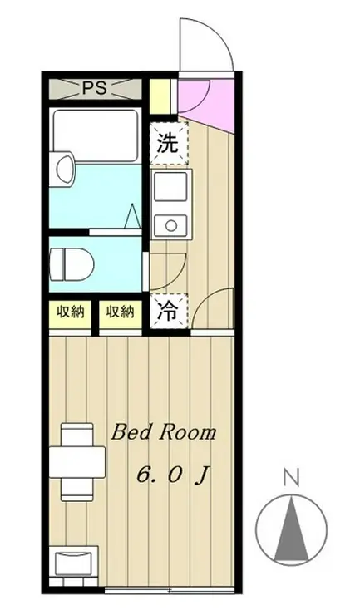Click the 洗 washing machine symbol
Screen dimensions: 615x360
coord(168,143)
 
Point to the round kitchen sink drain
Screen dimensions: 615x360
coord(172,223)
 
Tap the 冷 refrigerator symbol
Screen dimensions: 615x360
coord(169,312)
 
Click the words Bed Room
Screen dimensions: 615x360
coord(164,433)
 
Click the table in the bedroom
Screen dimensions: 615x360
coord(78,459)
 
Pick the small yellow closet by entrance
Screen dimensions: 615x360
coord(160,93)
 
